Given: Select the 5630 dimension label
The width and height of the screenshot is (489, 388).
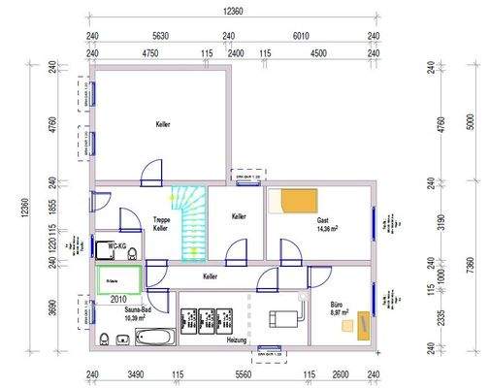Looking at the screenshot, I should coord(160,38).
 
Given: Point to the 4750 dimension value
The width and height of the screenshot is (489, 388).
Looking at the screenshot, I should coord(150,55).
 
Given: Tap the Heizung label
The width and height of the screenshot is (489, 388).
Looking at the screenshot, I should coord(237,340).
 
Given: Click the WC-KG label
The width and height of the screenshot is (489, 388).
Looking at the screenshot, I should coord(117,245).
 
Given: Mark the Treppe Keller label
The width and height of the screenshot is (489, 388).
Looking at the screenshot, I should coord(161,225).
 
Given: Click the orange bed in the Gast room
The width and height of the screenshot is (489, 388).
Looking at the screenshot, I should coord(294,201).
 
